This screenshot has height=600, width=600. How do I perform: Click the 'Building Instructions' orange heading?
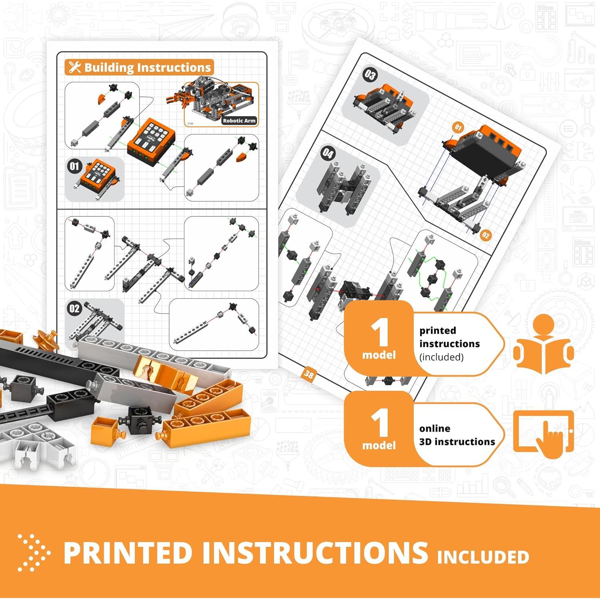139,67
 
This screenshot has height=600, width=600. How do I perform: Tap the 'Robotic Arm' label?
239,120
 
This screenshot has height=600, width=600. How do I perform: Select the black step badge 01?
74,166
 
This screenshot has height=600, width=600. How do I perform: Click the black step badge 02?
74,308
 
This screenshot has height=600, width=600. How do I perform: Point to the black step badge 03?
370,75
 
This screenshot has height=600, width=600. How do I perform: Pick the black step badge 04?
328,153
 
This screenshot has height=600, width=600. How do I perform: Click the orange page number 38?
309,374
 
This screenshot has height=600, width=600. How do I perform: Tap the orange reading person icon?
544,344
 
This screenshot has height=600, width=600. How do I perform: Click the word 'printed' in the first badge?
438,330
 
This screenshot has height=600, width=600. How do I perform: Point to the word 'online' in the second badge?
435,428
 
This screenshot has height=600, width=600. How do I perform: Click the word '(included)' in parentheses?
441,357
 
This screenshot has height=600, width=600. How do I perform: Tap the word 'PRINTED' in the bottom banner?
128,553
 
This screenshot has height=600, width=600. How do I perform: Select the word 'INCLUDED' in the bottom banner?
483,557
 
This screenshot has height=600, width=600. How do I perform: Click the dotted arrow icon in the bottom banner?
34,552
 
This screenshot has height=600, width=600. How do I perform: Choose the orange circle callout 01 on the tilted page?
458,127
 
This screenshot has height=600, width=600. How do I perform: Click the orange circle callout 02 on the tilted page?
485,235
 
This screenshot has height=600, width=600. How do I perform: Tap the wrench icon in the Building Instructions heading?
74,67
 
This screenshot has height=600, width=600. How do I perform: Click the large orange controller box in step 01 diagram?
151,138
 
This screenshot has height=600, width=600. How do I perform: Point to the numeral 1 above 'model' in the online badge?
379,423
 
